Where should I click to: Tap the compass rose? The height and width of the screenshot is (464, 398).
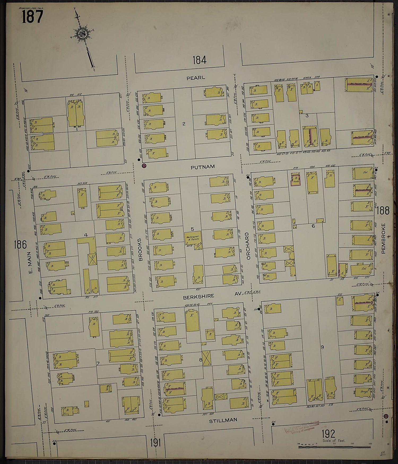tap(82, 34)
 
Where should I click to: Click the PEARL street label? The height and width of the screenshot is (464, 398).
tap(196, 78)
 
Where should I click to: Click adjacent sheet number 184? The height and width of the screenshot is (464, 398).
tap(200, 60)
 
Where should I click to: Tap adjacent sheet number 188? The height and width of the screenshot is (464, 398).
tap(383, 211)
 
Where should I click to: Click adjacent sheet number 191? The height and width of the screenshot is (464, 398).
tap(155, 443)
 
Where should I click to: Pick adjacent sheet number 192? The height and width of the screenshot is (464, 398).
tap(328, 434)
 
